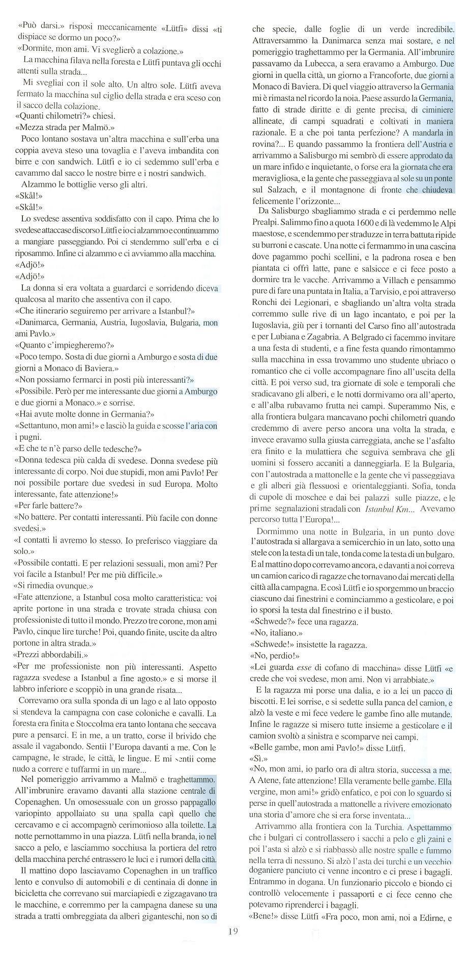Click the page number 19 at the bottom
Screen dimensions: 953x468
click(x=233, y=931)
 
